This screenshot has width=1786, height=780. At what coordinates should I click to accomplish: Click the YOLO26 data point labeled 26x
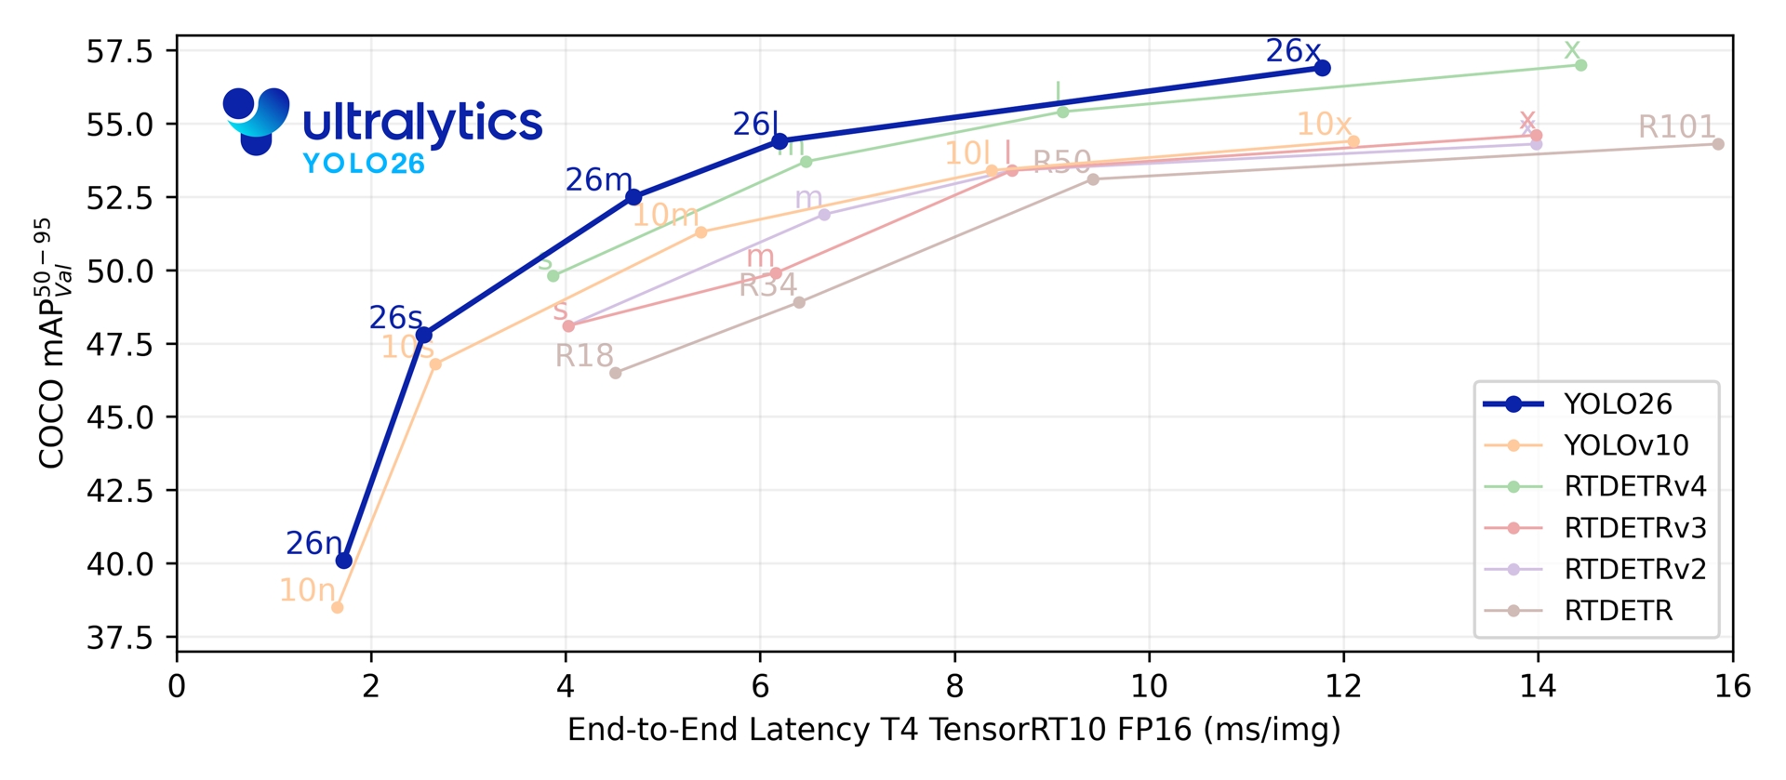click(x=1323, y=68)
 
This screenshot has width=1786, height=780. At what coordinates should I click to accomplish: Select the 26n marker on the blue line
click(x=344, y=561)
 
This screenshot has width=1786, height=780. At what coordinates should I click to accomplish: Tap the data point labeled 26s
click(x=424, y=335)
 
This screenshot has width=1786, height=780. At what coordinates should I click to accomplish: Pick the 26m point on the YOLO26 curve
click(x=633, y=197)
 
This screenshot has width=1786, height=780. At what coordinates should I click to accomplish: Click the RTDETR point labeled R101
click(x=1718, y=144)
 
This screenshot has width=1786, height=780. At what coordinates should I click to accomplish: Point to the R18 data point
click(x=615, y=373)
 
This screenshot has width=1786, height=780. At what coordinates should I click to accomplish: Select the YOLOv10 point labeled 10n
click(x=338, y=607)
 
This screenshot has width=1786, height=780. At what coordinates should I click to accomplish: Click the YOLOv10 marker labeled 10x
click(x=1353, y=141)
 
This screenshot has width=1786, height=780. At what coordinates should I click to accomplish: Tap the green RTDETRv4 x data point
click(x=1581, y=65)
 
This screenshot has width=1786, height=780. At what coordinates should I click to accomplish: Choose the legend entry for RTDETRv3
click(x=1635, y=528)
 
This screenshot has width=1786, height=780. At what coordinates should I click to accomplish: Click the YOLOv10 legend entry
click(x=1626, y=445)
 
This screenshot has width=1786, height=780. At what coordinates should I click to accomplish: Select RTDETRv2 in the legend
click(x=1635, y=569)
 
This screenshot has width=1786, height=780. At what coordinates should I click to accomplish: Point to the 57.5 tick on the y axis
click(x=119, y=51)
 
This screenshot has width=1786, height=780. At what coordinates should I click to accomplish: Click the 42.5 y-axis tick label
click(x=119, y=490)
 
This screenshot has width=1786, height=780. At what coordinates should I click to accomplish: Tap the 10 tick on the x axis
click(x=1149, y=687)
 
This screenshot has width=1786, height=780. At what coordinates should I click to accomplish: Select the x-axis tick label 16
click(x=1732, y=687)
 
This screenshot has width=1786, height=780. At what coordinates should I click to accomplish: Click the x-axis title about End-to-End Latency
click(x=954, y=730)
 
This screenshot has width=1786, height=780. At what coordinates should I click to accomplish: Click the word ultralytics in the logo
click(x=422, y=123)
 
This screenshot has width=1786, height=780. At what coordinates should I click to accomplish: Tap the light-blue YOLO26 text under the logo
click(x=364, y=165)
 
